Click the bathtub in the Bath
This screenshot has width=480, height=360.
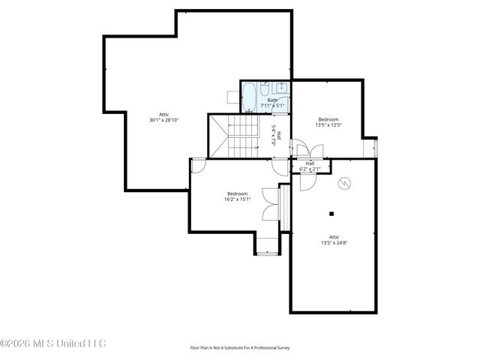tap(248, 96)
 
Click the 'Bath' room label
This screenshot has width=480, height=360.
tap(272, 99)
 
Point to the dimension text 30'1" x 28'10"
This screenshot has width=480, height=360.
tap(163, 120)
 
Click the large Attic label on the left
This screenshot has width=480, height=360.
tap(163, 114)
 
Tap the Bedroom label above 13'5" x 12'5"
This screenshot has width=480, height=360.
tap(328, 119)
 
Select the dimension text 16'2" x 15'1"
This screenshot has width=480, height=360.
tap(237, 199)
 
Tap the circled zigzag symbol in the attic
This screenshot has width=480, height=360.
tap(343, 183)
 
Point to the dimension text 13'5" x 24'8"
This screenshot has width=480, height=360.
tap(334, 242)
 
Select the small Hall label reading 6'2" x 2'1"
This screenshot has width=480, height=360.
tap(310, 166)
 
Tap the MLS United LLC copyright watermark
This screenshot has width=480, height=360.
tap(54, 343)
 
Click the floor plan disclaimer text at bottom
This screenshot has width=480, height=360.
tap(240, 348)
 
